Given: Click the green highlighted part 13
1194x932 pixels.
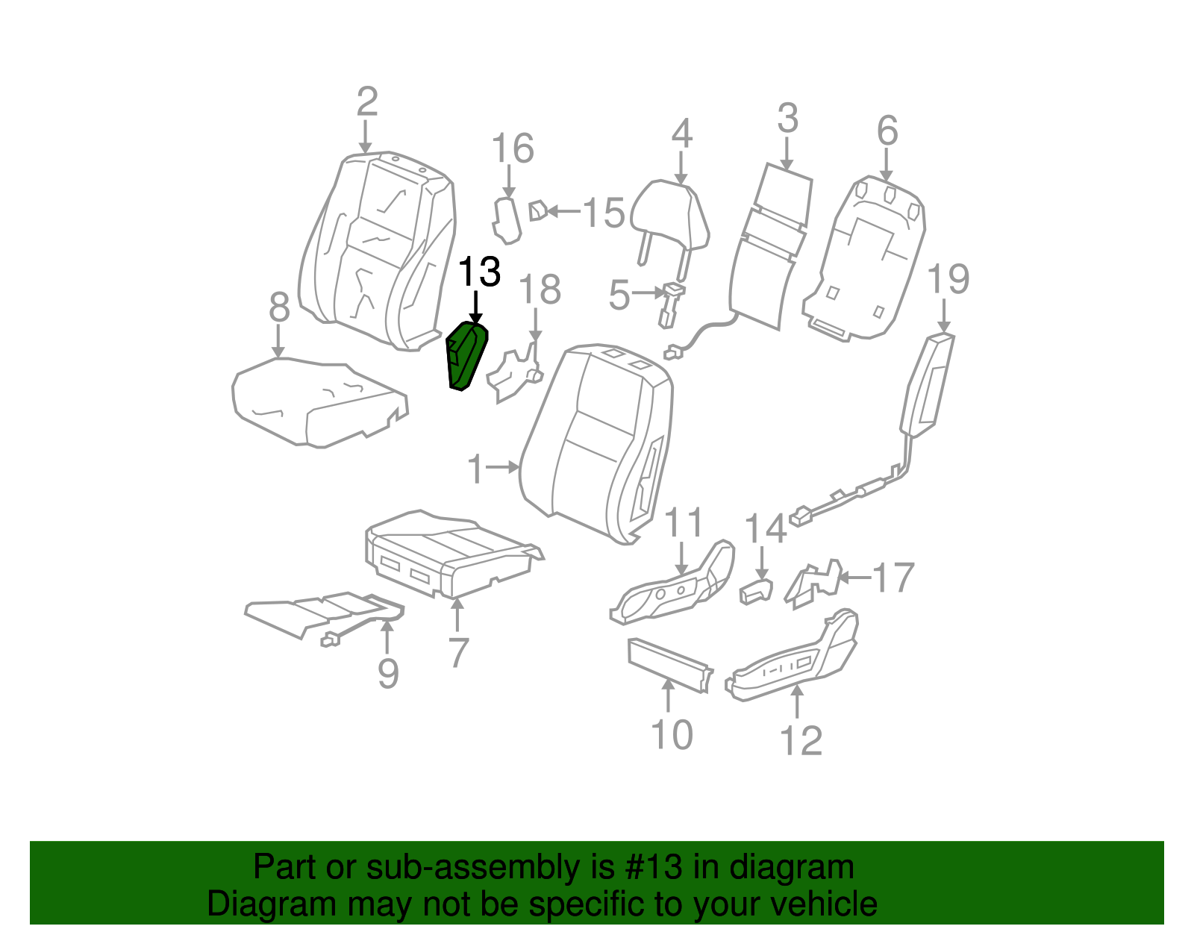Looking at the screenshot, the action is coord(466,357).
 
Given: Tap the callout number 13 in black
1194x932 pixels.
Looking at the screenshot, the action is coord(478,272).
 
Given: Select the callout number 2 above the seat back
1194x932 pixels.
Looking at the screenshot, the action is coord(366,102).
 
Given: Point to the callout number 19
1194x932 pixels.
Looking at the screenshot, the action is coord(948,280).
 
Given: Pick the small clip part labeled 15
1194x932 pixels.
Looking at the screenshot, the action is coord(537,211).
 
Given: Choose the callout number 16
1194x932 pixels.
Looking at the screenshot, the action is coord(513,148).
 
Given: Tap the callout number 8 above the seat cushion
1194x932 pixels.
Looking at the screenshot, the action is coord(279,307).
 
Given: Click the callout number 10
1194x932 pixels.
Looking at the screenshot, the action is coord(672,735).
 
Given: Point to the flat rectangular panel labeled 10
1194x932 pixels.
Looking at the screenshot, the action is coord(668,664).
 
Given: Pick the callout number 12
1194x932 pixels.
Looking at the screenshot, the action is coord(800,741).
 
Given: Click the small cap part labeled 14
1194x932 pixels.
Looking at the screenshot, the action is coord(755,591).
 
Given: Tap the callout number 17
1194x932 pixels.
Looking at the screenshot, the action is coord(893,578).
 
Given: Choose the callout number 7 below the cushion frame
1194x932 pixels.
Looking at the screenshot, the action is coord(458,652).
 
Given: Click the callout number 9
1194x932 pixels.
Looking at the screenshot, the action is coord(388,673).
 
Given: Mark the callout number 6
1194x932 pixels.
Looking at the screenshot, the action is coord(887,131).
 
